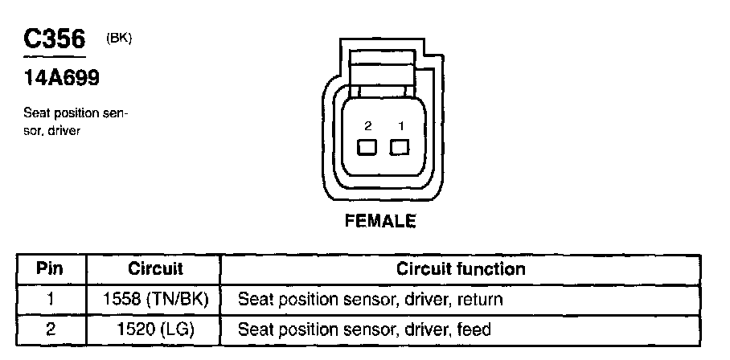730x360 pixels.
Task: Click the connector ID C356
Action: point(55,39)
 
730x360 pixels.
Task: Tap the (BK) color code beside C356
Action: point(119,39)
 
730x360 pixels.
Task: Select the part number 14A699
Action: point(61,78)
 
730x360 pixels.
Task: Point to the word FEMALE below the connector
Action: point(380,221)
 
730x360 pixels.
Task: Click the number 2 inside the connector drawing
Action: point(367,125)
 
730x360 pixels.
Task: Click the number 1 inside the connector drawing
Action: point(401,125)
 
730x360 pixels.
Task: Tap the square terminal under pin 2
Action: point(367,148)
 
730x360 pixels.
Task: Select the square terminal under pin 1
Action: point(400,147)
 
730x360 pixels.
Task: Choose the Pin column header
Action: point(51,269)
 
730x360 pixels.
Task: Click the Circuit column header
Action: point(155,269)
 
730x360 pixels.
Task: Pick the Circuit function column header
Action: point(461,269)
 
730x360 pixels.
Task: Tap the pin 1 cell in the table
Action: point(51,300)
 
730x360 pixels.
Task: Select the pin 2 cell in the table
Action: point(51,329)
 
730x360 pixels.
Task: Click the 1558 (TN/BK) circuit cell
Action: point(155,300)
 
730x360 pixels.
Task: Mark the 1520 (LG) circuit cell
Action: point(155,329)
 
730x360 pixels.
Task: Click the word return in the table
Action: point(480,300)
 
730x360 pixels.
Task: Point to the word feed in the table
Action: point(474,329)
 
